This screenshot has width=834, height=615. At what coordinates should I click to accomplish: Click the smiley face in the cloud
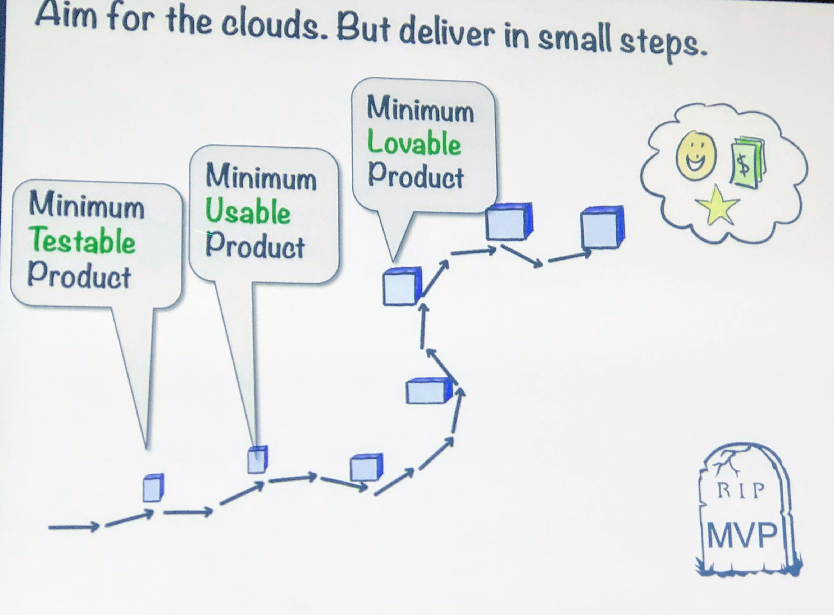696,156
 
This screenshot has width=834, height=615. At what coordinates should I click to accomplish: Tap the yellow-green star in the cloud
717,206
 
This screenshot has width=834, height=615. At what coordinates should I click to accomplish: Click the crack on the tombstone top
726,462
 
